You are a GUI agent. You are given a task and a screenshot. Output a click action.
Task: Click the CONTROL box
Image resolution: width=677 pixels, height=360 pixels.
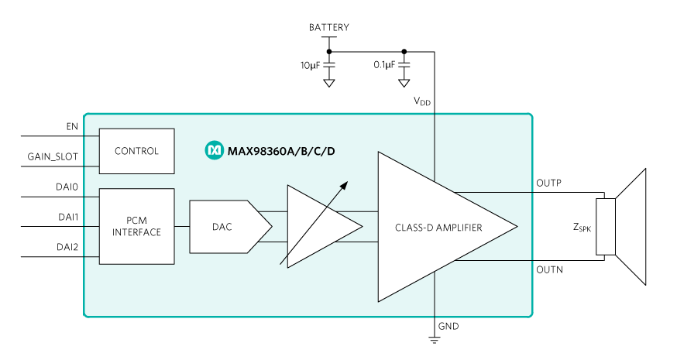tap(136, 151)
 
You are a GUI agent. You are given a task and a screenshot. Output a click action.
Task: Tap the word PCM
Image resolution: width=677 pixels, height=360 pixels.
tap(136, 221)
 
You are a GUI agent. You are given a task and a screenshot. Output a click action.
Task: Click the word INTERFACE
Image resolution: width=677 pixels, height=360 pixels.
tap(136, 232)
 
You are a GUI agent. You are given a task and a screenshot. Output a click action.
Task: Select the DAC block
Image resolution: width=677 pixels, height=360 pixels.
tap(225, 227)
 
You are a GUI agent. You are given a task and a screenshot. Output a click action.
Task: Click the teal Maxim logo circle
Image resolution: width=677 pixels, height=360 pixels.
tap(213, 150)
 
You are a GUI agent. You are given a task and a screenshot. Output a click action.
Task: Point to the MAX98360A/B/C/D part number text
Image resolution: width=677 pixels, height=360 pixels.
tap(281, 150)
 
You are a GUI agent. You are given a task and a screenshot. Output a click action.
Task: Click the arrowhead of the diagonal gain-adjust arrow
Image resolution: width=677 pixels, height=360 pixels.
tap(345, 184)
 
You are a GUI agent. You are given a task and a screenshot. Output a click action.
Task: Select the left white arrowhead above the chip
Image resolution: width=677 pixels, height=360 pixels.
tap(329, 83)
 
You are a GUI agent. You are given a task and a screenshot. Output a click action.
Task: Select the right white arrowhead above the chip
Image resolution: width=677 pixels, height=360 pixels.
tap(404, 83)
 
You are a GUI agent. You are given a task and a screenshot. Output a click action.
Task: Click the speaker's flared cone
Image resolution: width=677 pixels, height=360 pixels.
tap(631, 227)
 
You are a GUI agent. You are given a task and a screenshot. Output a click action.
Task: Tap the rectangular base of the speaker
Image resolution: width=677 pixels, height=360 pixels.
tap(606, 226)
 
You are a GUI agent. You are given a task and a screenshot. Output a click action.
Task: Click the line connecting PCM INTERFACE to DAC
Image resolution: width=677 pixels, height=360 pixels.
tap(182, 227)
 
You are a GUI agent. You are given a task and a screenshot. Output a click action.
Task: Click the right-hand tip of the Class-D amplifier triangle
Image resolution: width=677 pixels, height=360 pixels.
tap(515, 227)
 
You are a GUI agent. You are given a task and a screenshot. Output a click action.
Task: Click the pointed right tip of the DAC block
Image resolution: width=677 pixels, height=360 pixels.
tap(270, 227)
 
